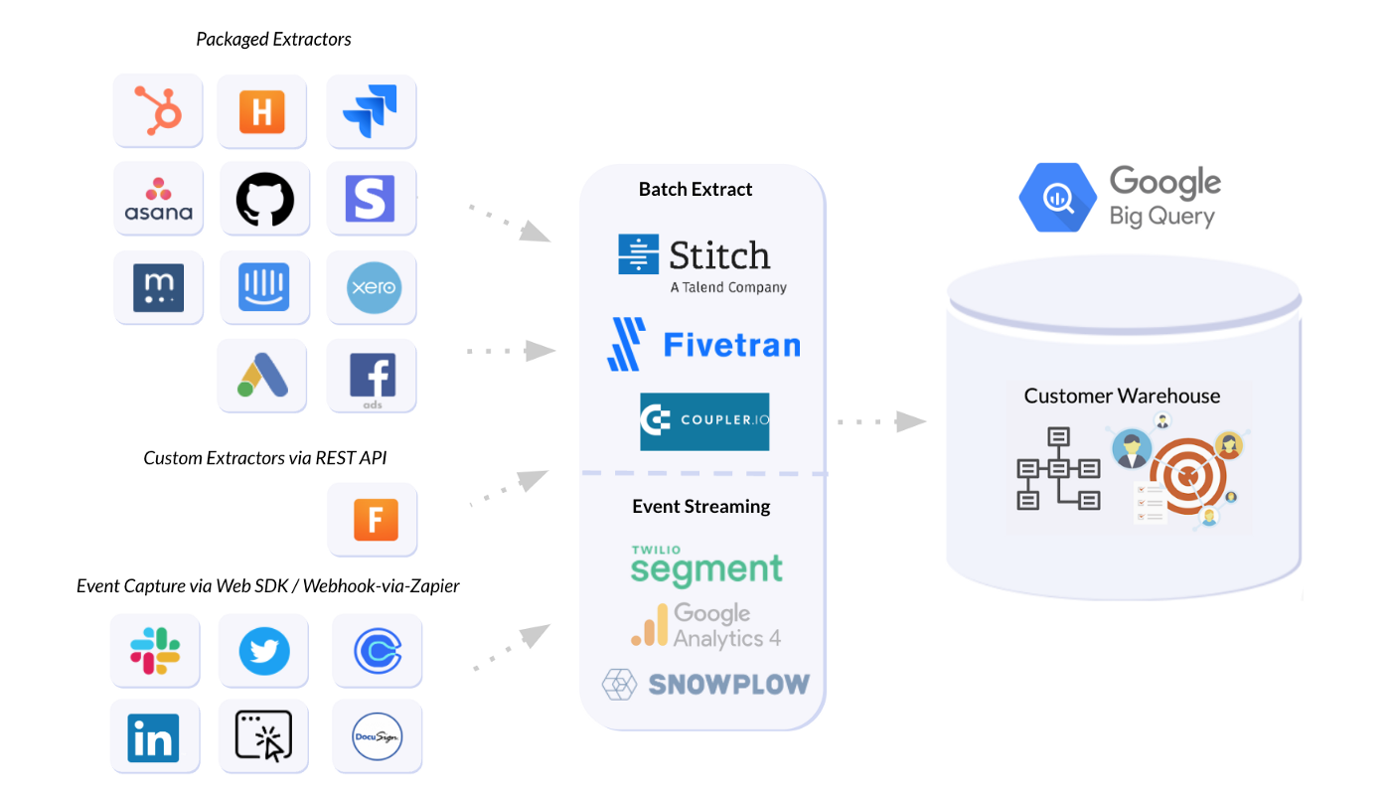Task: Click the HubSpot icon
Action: click(158, 110)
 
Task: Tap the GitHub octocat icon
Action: click(264, 199)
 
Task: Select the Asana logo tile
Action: click(158, 199)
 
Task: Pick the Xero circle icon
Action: click(373, 288)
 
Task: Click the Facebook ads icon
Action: click(373, 377)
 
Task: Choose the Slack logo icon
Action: click(155, 651)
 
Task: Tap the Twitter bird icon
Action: click(264, 652)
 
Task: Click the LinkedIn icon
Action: click(154, 737)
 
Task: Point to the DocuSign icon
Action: click(377, 736)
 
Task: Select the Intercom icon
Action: click(264, 288)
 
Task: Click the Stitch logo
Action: click(700, 261)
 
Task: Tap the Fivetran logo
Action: click(703, 345)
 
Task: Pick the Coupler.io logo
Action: click(704, 421)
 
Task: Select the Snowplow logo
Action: click(705, 684)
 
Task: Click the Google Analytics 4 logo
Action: click(706, 626)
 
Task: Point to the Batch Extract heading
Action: click(695, 190)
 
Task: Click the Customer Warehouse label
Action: click(1122, 397)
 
